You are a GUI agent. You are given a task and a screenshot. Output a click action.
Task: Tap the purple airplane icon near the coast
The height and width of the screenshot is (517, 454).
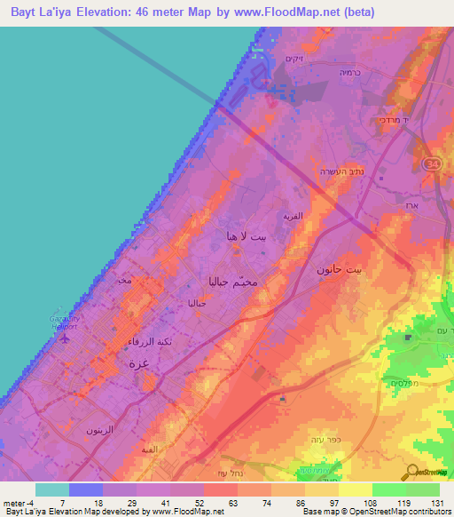pyautogui.click(x=62, y=338)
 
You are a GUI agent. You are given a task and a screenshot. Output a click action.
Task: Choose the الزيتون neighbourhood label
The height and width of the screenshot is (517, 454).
pyautogui.click(x=99, y=429)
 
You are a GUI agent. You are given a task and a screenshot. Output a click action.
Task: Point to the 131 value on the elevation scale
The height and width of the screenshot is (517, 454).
pyautogui.click(x=438, y=503)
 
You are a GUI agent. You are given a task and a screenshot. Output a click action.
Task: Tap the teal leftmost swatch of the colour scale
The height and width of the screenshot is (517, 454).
pyautogui.click(x=51, y=489)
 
